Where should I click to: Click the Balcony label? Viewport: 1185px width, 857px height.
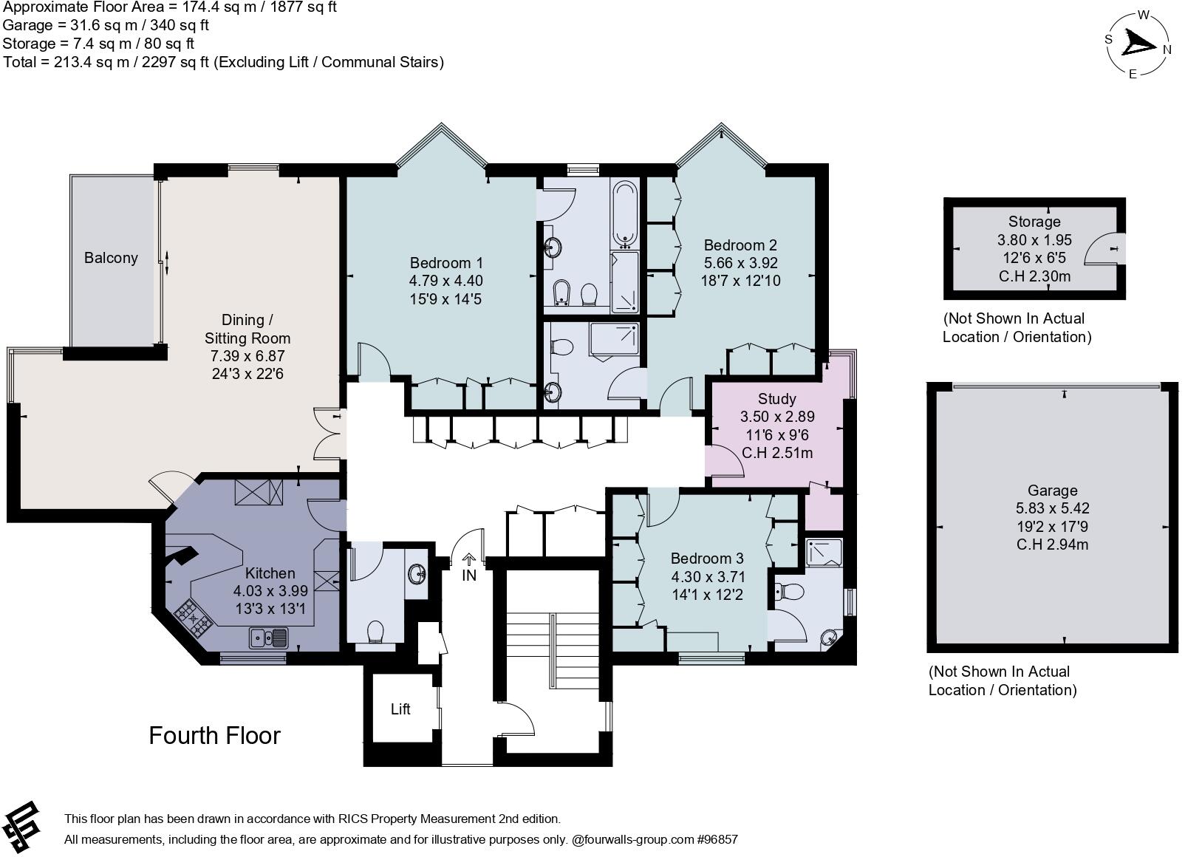coord(111,258)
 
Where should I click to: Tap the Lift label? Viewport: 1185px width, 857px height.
coord(400,709)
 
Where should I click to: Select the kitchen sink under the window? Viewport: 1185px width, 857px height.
coord(268,637)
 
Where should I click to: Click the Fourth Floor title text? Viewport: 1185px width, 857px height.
coord(214,736)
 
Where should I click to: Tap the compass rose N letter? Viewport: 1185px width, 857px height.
coord(1167,50)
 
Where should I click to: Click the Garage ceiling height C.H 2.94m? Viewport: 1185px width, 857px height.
coord(1052,545)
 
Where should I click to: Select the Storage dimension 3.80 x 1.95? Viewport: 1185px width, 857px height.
coord(1034,240)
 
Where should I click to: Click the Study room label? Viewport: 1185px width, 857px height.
coord(776,400)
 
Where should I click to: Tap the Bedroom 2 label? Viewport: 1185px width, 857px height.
coord(740,245)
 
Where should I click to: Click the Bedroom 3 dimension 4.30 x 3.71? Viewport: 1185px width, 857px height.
coord(707,576)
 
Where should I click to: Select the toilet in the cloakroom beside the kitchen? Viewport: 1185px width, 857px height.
coord(375,632)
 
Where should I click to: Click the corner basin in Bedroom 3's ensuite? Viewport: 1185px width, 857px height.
coord(832,637)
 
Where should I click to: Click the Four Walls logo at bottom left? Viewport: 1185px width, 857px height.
coord(21,825)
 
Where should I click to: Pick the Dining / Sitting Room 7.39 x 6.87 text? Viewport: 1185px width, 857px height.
coord(247,356)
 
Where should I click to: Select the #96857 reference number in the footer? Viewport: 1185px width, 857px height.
coord(717,840)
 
